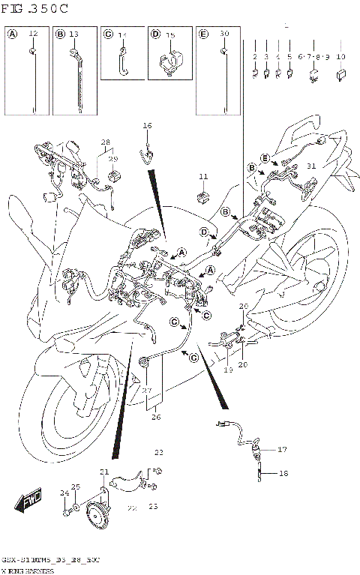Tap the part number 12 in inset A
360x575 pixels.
click(33, 34)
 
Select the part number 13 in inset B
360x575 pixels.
click(73, 34)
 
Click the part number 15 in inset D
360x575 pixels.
click(170, 35)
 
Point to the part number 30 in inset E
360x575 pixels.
click(224, 34)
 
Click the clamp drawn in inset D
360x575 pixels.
click(171, 61)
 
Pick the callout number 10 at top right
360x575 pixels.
click(341, 57)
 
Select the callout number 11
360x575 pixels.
click(202, 176)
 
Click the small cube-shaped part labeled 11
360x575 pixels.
click(202, 197)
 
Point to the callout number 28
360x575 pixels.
click(105, 142)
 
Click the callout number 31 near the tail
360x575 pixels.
click(311, 166)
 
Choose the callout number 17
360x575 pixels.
click(283, 450)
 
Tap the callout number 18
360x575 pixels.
click(283, 474)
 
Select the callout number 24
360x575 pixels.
click(64, 493)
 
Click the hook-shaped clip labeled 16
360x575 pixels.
click(148, 155)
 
